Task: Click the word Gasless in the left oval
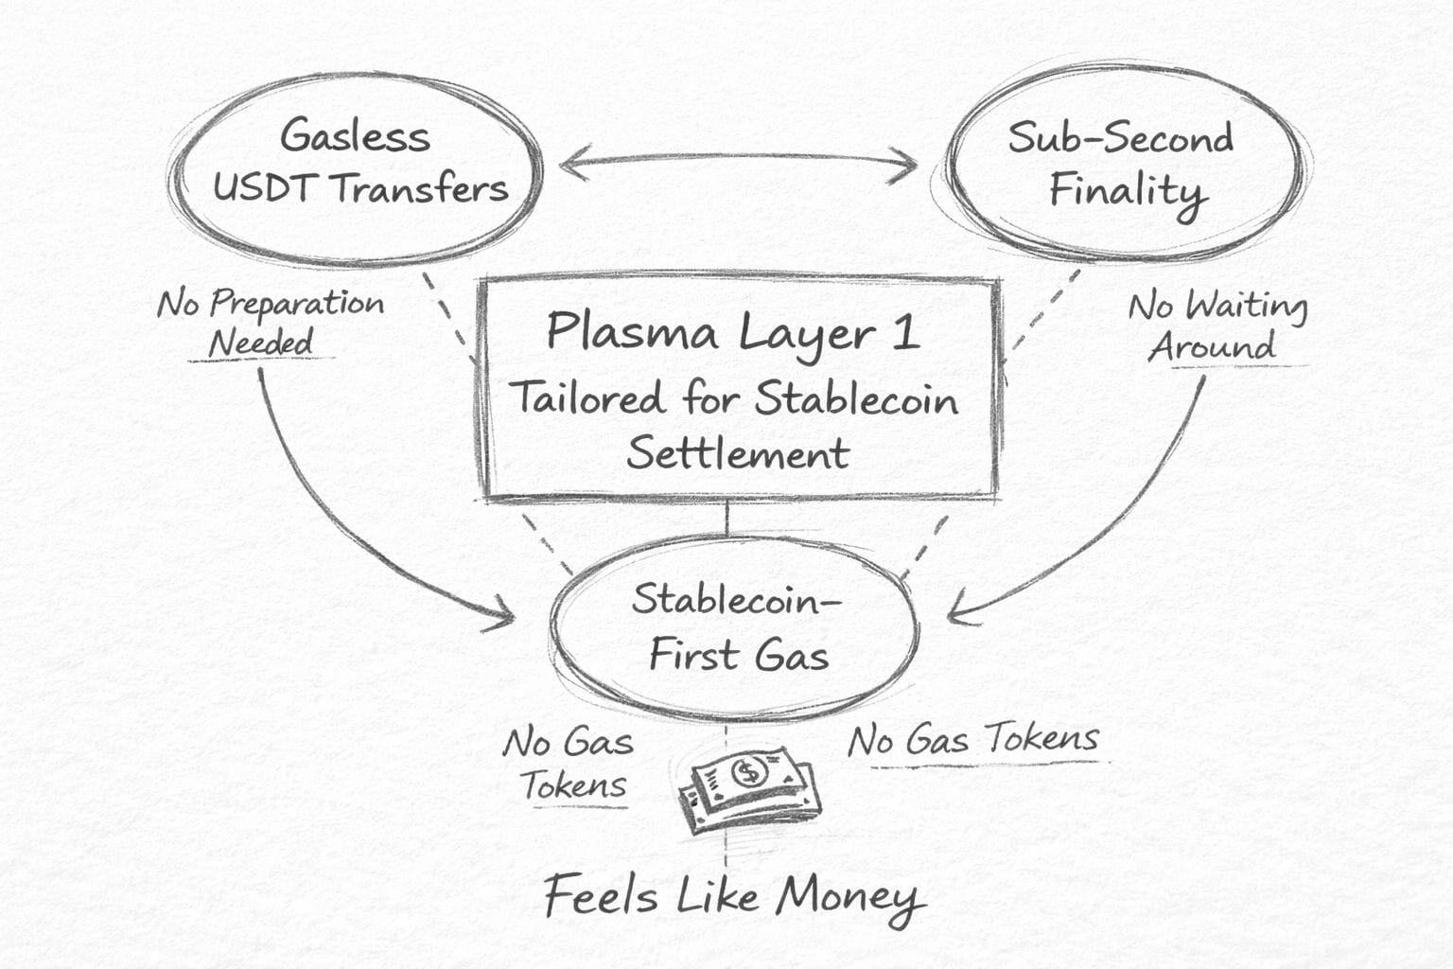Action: [355, 135]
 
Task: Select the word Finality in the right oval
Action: [1126, 192]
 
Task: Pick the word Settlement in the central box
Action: [738, 452]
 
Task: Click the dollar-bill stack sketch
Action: [749, 790]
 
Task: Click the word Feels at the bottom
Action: [601, 895]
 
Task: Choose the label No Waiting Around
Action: [1217, 326]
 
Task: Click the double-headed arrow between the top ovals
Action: [738, 165]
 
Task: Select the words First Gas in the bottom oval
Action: [738, 655]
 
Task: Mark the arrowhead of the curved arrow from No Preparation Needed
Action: [505, 621]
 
